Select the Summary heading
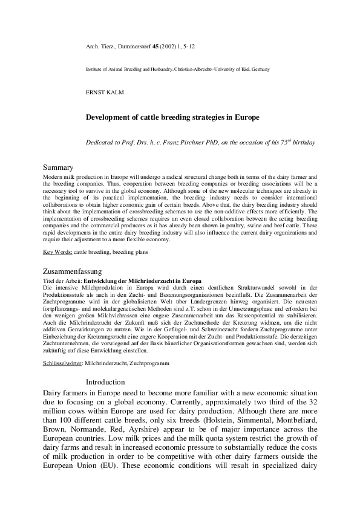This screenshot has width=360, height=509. [x=58, y=167]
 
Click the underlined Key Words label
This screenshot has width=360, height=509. [x=58, y=251]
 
